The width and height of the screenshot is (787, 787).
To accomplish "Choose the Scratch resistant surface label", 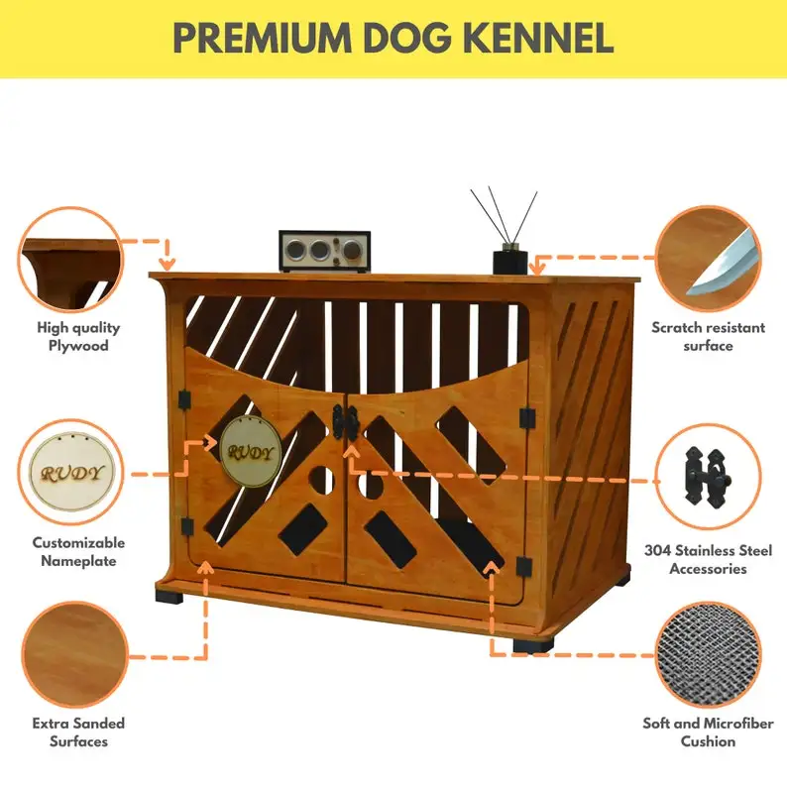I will (708, 337).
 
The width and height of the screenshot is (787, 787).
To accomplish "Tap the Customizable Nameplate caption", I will (78, 552).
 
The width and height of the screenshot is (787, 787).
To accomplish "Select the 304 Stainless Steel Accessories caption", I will (708, 560).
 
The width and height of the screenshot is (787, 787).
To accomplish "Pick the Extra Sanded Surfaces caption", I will (78, 732).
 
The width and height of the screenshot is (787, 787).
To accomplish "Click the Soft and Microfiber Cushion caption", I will (708, 732).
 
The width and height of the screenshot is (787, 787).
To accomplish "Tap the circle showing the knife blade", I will (710, 258).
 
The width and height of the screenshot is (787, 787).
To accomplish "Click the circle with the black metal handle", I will (710, 475).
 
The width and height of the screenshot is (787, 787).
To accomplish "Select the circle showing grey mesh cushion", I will (710, 655).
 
